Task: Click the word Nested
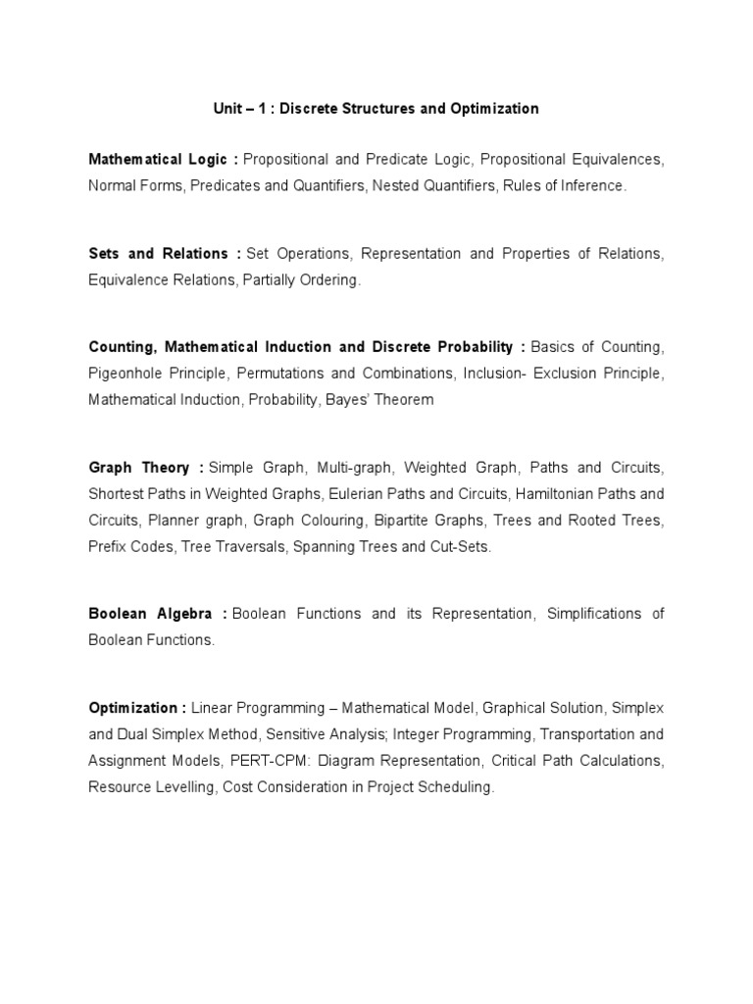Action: [393, 185]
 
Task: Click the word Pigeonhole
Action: [127, 374]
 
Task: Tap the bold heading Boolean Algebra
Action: [151, 614]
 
